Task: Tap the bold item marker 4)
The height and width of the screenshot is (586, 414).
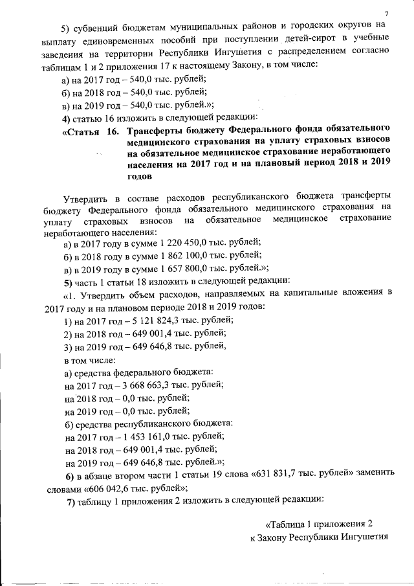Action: [66, 117]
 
